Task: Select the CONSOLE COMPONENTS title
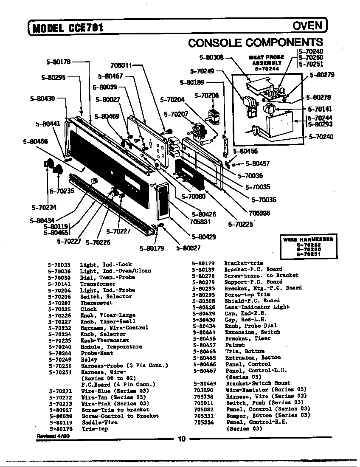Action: [255, 42]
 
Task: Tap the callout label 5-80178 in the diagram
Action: [58, 62]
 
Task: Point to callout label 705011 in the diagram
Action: [121, 66]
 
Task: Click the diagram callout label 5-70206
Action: [206, 96]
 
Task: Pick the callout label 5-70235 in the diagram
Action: [62, 191]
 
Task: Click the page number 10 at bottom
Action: [182, 439]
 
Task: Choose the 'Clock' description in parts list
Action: [89, 309]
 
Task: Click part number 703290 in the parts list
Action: [203, 389]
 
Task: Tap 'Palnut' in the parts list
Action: [235, 345]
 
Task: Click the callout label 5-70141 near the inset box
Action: [320, 109]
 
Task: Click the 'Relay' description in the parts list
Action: [89, 359]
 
